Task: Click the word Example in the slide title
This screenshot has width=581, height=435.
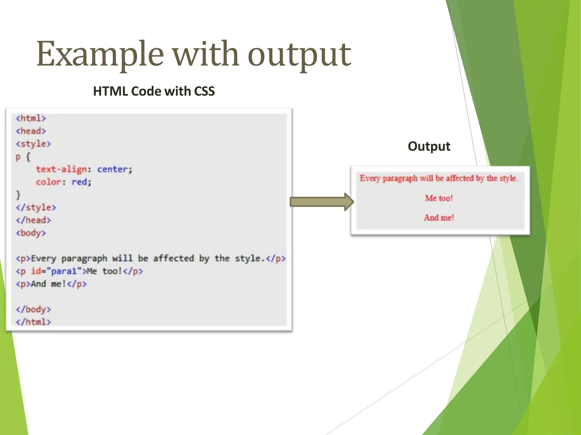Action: pyautogui.click(x=100, y=54)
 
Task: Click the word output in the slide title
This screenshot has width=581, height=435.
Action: pyautogui.click(x=299, y=55)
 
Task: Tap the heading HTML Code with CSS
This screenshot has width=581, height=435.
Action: pyautogui.click(x=154, y=91)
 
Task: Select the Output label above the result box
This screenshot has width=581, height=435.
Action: pyautogui.click(x=429, y=146)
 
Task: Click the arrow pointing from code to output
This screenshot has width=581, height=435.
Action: pyautogui.click(x=321, y=202)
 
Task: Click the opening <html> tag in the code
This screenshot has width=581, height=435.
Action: pyautogui.click(x=31, y=118)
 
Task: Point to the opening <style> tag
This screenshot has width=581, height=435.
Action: pyautogui.click(x=33, y=144)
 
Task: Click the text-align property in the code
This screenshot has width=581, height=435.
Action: pyautogui.click(x=62, y=169)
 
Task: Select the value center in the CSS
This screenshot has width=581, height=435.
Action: pyautogui.click(x=112, y=169)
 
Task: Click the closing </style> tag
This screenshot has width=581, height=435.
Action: pyautogui.click(x=36, y=208)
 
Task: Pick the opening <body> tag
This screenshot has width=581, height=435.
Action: pyautogui.click(x=31, y=233)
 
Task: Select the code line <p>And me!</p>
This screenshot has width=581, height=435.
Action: pyautogui.click(x=51, y=284)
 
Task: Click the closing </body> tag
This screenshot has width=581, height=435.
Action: pyautogui.click(x=33, y=309)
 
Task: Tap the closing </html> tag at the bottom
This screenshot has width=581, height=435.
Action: pyautogui.click(x=33, y=322)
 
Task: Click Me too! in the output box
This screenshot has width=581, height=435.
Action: pyautogui.click(x=439, y=198)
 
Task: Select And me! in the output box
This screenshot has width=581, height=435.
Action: pyautogui.click(x=439, y=218)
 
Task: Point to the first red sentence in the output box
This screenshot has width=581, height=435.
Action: pyautogui.click(x=439, y=178)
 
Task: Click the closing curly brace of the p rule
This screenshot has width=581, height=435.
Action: pyautogui.click(x=18, y=195)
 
